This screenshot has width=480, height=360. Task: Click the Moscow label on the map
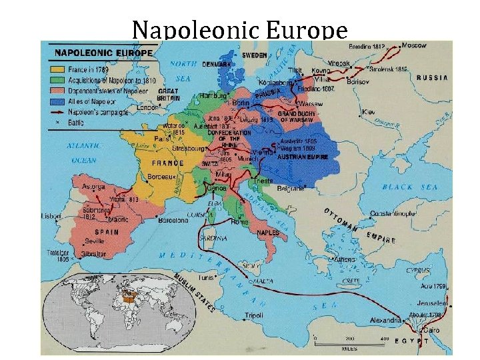coord(414,45)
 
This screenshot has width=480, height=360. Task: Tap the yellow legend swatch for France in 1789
coord(53,70)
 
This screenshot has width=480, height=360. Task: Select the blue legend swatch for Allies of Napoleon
coord(53,103)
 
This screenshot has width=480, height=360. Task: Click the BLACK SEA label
coord(410,187)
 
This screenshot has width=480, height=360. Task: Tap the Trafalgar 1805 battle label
coord(58,257)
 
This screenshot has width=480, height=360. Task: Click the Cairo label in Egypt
coord(431,330)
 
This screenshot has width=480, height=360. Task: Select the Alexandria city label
coord(387,321)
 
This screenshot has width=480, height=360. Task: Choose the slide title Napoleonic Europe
coord(239,29)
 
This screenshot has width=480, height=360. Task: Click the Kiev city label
coord(369,112)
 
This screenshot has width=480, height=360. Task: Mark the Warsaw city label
coord(310,104)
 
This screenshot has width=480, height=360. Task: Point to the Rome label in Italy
coord(240,222)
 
